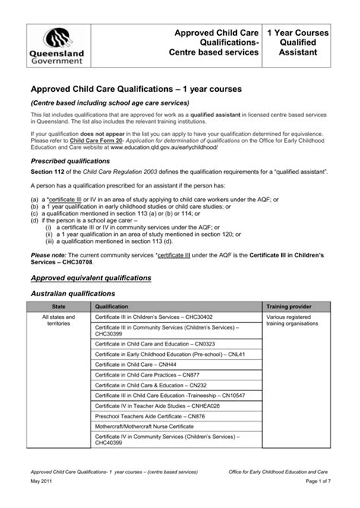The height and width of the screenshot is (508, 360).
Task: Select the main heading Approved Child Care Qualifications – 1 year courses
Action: click(136, 90)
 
